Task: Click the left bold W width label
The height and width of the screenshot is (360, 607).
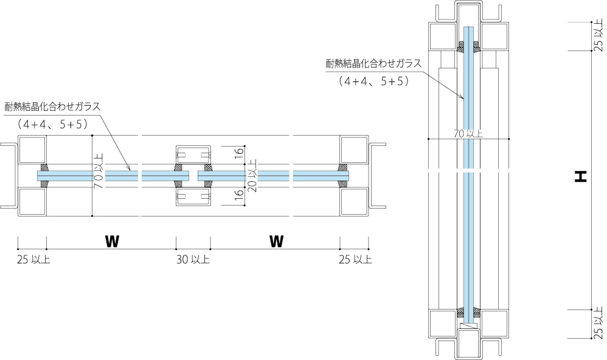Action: pyautogui.click(x=112, y=241)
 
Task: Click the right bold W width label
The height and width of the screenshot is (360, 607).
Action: pyautogui.click(x=277, y=241)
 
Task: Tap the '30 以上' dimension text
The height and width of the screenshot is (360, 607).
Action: pyautogui.click(x=193, y=260)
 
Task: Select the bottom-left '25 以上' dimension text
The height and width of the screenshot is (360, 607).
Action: pyautogui.click(x=33, y=260)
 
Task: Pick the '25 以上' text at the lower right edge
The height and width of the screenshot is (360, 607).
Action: pyautogui.click(x=598, y=323)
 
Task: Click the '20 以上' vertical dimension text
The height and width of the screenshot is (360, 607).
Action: pyautogui.click(x=252, y=176)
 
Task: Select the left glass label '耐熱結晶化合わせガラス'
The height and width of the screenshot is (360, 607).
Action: pyautogui.click(x=52, y=106)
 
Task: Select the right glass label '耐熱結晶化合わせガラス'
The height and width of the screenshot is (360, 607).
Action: pyautogui.click(x=373, y=63)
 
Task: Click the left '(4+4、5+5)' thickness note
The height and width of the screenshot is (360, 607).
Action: pyautogui.click(x=53, y=124)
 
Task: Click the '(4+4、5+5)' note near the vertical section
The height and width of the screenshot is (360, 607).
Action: pyautogui.click(x=373, y=80)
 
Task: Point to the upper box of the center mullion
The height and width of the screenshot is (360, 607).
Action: pyautogui.click(x=193, y=154)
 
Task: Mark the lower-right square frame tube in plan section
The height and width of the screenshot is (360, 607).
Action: pyautogui.click(x=354, y=201)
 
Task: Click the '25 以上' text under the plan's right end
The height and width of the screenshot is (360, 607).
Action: pyautogui.click(x=355, y=260)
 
